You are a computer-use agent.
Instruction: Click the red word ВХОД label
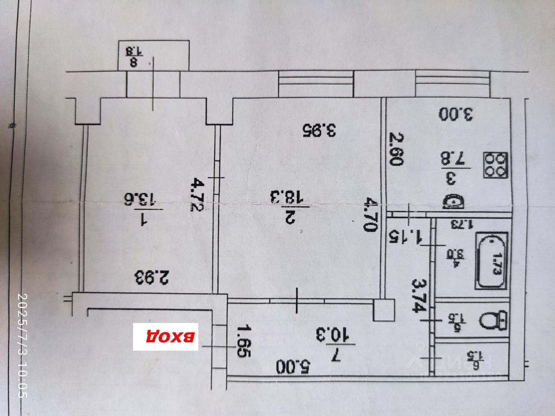pyautogui.click(x=165, y=336)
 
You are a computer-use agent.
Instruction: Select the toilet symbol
pyautogui.click(x=494, y=321)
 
